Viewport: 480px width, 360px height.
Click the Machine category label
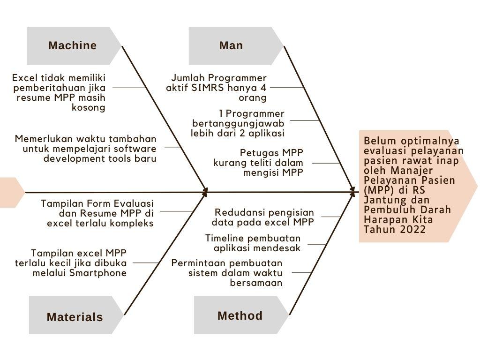click(72, 45)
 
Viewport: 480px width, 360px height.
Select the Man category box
click(231, 45)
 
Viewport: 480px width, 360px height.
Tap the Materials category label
click(75, 317)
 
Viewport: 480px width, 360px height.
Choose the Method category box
click(240, 315)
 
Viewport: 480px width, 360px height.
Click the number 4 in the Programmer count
click(263, 88)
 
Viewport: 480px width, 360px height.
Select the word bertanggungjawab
click(238, 123)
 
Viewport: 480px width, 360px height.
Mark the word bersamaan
click(256, 283)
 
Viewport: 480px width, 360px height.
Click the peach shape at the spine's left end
click(10, 192)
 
